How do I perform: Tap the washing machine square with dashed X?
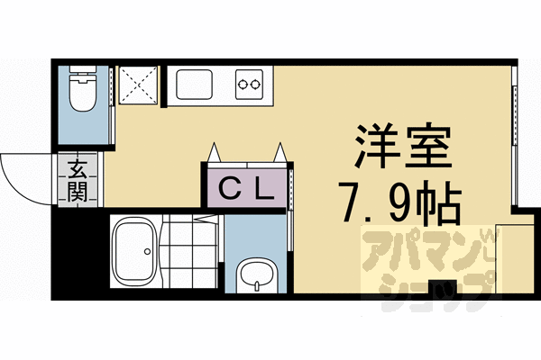point(139,86)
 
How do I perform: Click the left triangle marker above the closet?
point(215,154)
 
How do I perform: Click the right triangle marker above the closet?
point(281,154)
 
